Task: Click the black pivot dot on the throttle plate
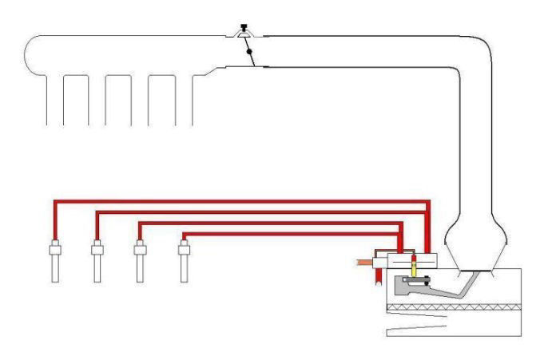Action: [x=249, y=52]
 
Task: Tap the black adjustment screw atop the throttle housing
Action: [x=242, y=30]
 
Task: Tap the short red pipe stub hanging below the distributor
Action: [x=376, y=275]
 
